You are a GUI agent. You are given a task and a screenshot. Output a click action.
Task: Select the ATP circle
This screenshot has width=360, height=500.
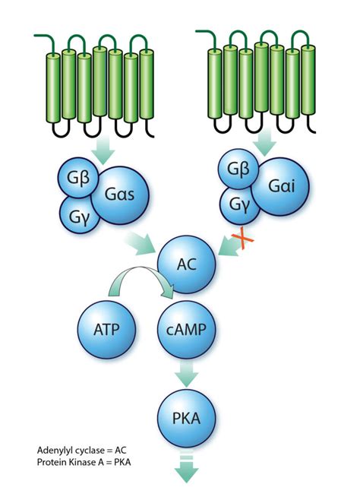tap(106, 331)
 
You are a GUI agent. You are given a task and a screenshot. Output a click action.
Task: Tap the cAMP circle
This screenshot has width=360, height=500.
tap(187, 331)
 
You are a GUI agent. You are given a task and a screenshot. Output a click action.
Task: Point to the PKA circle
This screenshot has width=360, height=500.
tap(187, 416)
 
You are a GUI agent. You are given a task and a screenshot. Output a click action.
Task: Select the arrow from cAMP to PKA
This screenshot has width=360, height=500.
tap(187, 374)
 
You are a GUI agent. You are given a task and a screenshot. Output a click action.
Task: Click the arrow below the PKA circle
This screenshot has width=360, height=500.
tap(187, 468)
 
